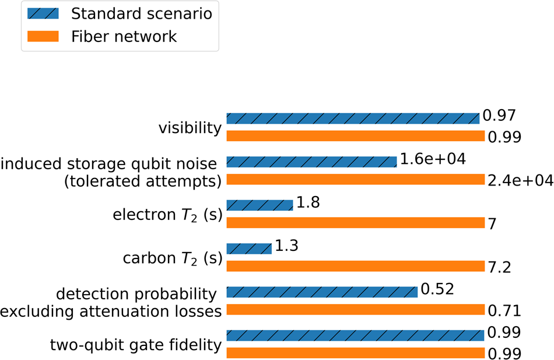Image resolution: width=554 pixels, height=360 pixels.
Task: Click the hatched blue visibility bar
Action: click(352, 118)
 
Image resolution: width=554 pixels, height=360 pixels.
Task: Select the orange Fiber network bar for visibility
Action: click(355, 136)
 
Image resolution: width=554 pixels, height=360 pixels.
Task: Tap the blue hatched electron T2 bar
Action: click(259, 205)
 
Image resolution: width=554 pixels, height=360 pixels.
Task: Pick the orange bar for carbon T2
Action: click(355, 266)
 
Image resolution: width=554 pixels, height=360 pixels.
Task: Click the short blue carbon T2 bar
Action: click(248, 249)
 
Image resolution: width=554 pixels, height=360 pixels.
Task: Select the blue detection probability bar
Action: click(321, 292)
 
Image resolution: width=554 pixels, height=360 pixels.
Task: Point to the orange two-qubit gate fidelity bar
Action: click(355, 353)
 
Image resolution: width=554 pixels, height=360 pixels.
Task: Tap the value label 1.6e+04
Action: click(432, 159)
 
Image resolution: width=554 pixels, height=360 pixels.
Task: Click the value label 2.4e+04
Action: click(520, 180)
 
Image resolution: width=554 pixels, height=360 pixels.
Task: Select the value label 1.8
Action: click(308, 202)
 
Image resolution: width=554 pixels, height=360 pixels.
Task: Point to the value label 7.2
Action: click(500, 267)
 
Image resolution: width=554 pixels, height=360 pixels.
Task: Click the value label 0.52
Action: click(437, 289)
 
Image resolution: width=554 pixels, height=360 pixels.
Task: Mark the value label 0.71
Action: click(504, 311)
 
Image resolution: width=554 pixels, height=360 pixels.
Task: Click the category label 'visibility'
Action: click(191, 128)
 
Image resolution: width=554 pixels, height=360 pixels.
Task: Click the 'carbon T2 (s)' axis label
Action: click(172, 258)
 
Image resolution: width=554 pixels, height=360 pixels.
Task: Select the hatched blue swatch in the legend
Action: click(43, 13)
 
